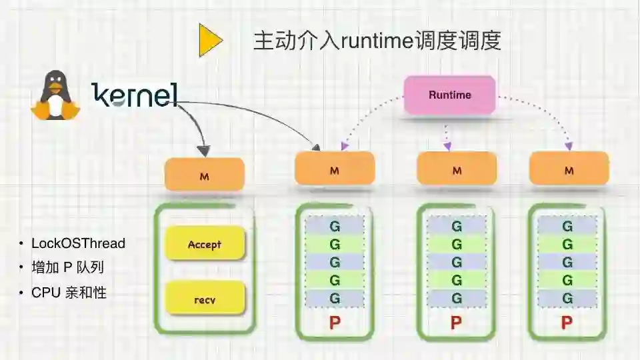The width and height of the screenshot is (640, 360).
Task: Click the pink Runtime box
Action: click(450, 95)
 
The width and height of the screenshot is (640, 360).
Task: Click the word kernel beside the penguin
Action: click(135, 95)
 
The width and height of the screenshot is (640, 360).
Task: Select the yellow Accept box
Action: click(205, 245)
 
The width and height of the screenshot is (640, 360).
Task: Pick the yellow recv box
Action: click(205, 300)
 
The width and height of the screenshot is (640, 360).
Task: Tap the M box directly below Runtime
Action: click(457, 171)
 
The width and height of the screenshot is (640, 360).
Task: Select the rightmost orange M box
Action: click(569, 171)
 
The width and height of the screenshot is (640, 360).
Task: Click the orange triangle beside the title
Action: click(209, 41)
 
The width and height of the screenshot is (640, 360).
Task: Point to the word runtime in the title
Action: click(374, 42)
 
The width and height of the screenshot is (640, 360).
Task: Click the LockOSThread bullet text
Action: click(78, 243)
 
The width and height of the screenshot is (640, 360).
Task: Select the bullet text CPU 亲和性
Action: click(69, 293)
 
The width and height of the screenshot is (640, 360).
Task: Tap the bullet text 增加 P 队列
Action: click(67, 268)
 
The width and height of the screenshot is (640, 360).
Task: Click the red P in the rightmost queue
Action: click(567, 323)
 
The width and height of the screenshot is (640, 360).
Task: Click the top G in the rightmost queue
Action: click(567, 227)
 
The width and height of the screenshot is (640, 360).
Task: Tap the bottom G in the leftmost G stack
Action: click(335, 298)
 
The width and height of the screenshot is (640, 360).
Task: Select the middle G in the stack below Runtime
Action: click(457, 262)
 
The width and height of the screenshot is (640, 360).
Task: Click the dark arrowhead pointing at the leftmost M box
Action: click(204, 150)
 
